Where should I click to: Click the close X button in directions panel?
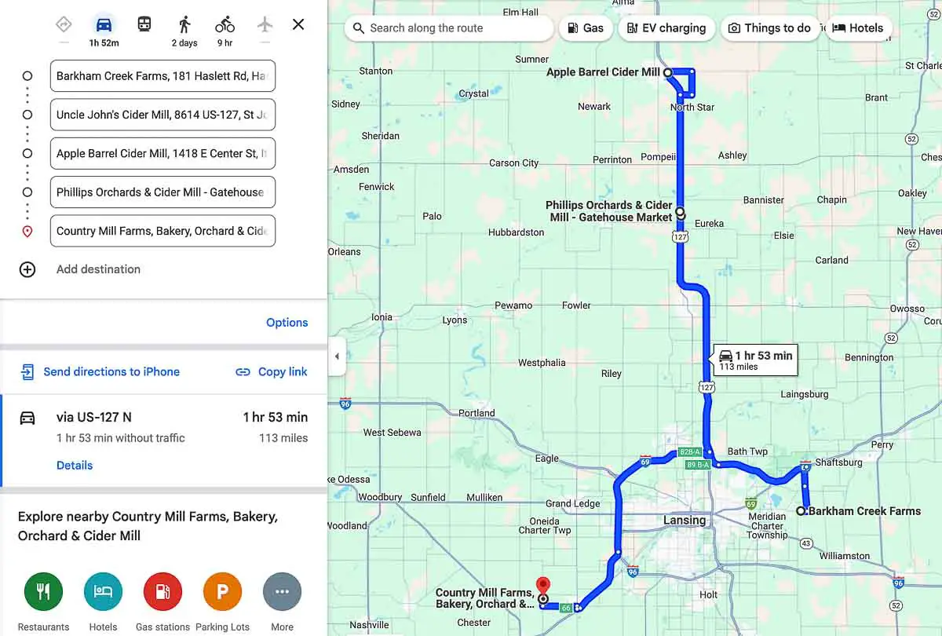point(298,24)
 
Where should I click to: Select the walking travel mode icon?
point(184,24)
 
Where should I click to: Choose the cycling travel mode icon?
point(225,24)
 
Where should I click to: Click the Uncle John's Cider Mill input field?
point(162,115)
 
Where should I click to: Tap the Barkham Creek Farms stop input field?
point(162,76)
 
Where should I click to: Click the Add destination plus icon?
point(27,269)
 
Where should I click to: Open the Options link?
point(287,323)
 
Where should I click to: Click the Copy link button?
point(272,372)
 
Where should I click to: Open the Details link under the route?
point(75,466)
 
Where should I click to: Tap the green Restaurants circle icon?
point(43,592)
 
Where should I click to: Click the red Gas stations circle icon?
point(162,592)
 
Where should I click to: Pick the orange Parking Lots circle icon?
point(222,592)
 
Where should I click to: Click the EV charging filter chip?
point(666,28)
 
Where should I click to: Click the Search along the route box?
point(449,28)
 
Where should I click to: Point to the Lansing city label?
point(685,521)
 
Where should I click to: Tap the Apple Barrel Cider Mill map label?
point(603,72)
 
